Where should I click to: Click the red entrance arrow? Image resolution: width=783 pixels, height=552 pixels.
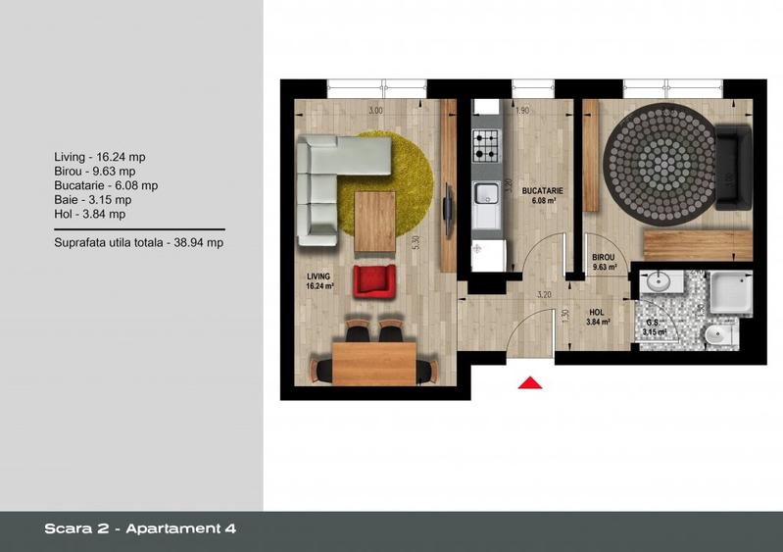(x=530, y=383)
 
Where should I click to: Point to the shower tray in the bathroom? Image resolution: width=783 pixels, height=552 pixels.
(x=730, y=292)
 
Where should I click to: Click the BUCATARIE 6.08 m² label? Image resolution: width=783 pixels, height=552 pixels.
(x=541, y=195)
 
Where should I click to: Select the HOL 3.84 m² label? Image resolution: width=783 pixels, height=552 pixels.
(x=598, y=316)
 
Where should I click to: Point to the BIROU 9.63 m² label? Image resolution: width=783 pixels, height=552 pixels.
(x=604, y=262)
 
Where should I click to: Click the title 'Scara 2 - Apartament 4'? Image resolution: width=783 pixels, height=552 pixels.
(x=140, y=528)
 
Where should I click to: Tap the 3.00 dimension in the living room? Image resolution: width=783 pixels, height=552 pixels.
(x=374, y=110)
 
